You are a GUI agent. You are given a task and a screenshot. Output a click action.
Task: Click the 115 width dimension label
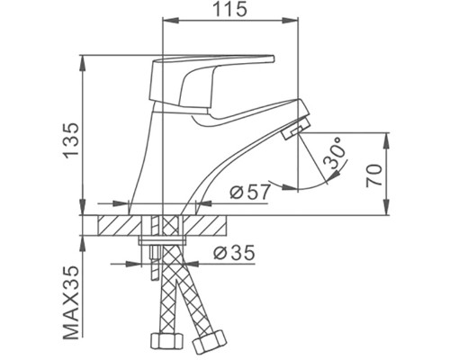coord(230,9)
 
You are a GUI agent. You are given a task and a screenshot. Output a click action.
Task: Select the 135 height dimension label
coord(72,140)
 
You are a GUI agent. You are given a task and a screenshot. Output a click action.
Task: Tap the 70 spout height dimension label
coord(374,175)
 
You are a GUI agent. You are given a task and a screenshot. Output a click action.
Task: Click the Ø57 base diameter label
coord(250,193)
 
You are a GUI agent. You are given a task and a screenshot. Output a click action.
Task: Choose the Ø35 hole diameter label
coord(234,253)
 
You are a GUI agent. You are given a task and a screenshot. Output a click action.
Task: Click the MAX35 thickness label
coord(72,302)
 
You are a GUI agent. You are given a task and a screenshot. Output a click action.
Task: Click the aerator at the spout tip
coord(294,129)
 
